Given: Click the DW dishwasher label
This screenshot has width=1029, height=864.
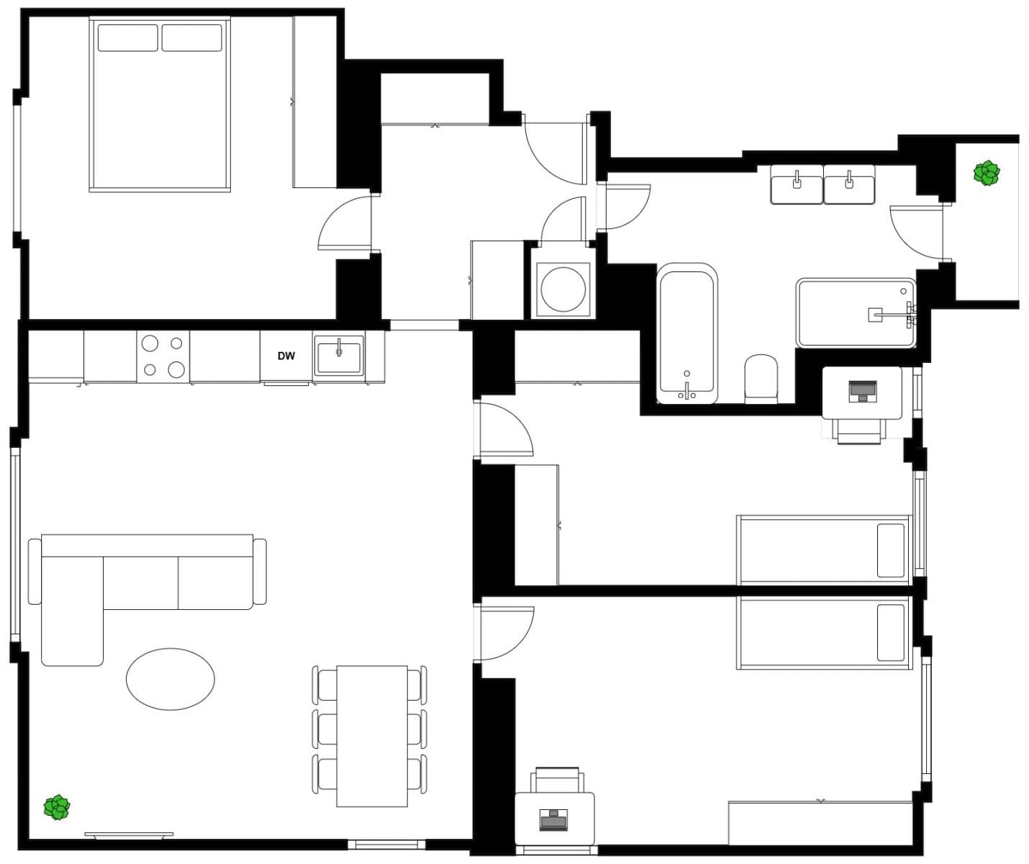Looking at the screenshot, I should pyautogui.click(x=286, y=356).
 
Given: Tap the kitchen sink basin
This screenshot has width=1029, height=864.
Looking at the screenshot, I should pyautogui.click(x=339, y=357).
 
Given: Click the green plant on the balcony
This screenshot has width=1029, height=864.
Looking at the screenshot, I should pyautogui.click(x=986, y=173).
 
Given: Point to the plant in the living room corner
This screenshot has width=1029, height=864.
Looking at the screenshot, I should pyautogui.click(x=57, y=807).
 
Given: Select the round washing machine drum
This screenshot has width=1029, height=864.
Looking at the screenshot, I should pyautogui.click(x=563, y=289).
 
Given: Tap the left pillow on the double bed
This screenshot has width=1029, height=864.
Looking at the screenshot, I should pyautogui.click(x=127, y=37).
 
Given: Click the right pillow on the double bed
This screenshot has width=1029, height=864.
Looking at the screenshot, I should pyautogui.click(x=191, y=37).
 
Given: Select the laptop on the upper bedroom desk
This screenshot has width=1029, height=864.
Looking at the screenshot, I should pyautogui.click(x=862, y=391).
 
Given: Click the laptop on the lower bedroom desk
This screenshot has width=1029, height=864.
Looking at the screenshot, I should pyautogui.click(x=554, y=819).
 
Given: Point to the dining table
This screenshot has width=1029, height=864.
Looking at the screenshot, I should pyautogui.click(x=372, y=736).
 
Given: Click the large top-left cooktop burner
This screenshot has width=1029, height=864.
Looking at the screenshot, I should pyautogui.click(x=150, y=343).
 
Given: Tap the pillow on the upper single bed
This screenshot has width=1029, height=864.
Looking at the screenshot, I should pyautogui.click(x=890, y=550).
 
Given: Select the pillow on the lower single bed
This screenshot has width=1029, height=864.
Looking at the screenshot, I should pyautogui.click(x=890, y=632).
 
